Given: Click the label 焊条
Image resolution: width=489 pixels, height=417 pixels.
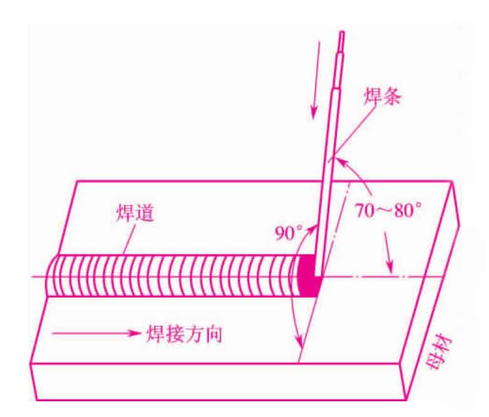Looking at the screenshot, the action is point(382,97).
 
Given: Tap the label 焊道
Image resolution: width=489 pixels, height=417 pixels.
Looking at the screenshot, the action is point(135,213).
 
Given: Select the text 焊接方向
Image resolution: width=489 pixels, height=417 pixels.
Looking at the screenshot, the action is point(184,334).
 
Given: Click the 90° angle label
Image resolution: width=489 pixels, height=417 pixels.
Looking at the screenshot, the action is point(288,233).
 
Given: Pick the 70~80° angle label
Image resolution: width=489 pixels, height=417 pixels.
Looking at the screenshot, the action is point(389,210).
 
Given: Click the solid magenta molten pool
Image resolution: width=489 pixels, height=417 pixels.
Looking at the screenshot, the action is point(308,276).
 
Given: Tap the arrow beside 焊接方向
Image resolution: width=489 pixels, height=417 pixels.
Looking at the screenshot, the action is point(97,333).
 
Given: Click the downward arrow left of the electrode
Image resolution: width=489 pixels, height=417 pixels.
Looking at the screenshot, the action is point(316,80).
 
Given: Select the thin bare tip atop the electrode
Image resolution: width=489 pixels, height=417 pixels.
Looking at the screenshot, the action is point(342,42).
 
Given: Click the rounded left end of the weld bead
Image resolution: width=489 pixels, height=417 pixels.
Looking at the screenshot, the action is point(51,276).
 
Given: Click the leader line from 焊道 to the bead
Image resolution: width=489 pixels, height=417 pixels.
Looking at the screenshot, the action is point(129,238).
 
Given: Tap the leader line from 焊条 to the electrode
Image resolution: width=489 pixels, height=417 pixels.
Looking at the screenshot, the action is point(354,130).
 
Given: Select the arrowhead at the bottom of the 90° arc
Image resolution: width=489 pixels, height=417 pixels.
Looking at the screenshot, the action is point(300,342).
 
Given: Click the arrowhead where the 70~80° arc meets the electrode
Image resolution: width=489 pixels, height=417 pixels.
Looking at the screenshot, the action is point(341,163).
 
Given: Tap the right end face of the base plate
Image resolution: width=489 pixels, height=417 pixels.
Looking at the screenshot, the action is point(429,290).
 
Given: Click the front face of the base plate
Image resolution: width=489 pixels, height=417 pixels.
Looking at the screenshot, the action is point(218,381).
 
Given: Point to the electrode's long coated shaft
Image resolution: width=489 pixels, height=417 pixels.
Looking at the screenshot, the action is point(328,181).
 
